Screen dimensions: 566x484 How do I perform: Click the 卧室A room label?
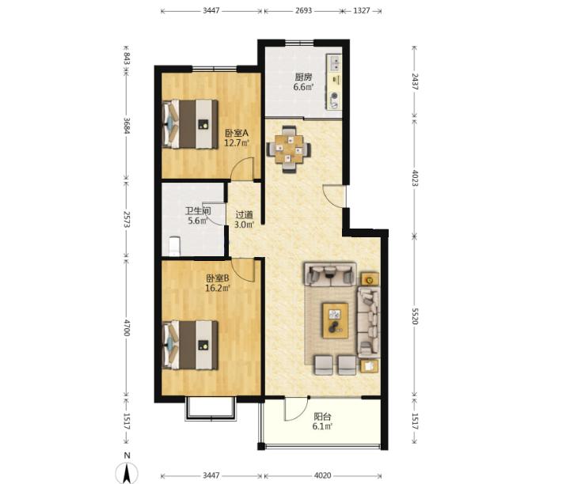click(x=237, y=133)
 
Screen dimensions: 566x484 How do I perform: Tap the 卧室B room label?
click(x=218, y=278)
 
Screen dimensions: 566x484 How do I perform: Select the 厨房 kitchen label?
click(x=303, y=77)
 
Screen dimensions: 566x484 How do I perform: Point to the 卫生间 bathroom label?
click(x=198, y=210)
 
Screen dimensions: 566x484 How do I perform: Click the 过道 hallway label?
click(x=245, y=215)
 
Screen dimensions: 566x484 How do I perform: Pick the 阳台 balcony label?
click(x=322, y=417)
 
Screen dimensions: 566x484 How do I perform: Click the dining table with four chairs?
click(x=288, y=149)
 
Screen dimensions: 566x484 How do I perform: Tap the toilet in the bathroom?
click(x=174, y=246)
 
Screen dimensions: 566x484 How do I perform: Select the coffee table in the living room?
click(x=336, y=320)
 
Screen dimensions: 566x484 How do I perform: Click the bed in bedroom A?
click(x=190, y=124)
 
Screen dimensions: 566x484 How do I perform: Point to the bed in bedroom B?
click(x=190, y=345)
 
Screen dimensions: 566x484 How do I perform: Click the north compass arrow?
click(x=127, y=473)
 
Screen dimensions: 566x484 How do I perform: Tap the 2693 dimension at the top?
click(x=303, y=10)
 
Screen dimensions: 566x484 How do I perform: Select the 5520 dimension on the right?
click(x=415, y=316)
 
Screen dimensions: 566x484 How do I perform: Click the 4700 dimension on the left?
click(x=127, y=327)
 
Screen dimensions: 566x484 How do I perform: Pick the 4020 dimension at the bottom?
click(x=322, y=475)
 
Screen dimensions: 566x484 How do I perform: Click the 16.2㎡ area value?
click(x=218, y=288)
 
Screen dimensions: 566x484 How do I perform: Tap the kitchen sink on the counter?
click(x=334, y=62)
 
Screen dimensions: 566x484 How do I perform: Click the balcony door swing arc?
click(x=297, y=411)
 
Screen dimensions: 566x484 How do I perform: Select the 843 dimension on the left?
click(x=127, y=59)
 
